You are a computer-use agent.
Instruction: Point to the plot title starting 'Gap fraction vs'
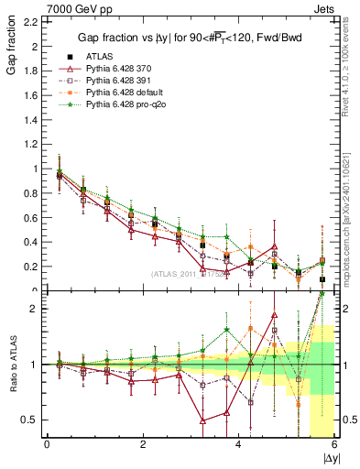coord(190,37)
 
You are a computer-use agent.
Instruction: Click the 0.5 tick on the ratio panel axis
coord(28,420)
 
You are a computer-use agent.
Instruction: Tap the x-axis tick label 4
coord(239,444)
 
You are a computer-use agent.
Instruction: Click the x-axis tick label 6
coord(334,444)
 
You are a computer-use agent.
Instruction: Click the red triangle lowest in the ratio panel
coord(203,420)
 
